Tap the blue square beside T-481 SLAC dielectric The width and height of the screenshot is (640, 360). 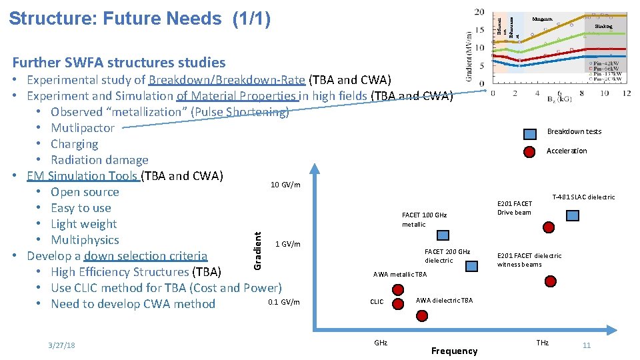[x=573, y=215]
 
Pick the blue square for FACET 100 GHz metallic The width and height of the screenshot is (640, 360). [x=443, y=235]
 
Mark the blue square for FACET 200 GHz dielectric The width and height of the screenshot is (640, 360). [x=471, y=266]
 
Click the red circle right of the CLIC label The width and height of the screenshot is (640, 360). [x=399, y=303]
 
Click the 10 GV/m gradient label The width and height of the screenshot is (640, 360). [x=285, y=185]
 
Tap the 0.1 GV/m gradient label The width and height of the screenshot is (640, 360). [x=283, y=302]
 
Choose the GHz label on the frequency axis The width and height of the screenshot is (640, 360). [x=381, y=343]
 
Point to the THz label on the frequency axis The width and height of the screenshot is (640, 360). [x=543, y=343]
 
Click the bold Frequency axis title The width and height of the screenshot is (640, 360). [x=454, y=351]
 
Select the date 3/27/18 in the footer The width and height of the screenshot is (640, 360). [x=61, y=345]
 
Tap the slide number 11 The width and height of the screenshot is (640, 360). [x=587, y=345]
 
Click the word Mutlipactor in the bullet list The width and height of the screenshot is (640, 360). [x=83, y=128]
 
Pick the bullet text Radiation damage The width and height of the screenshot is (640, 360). [x=99, y=160]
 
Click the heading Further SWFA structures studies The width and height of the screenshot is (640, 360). [x=119, y=63]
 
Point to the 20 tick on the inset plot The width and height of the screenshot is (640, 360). [x=479, y=12]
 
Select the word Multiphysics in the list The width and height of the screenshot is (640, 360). [x=85, y=240]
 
